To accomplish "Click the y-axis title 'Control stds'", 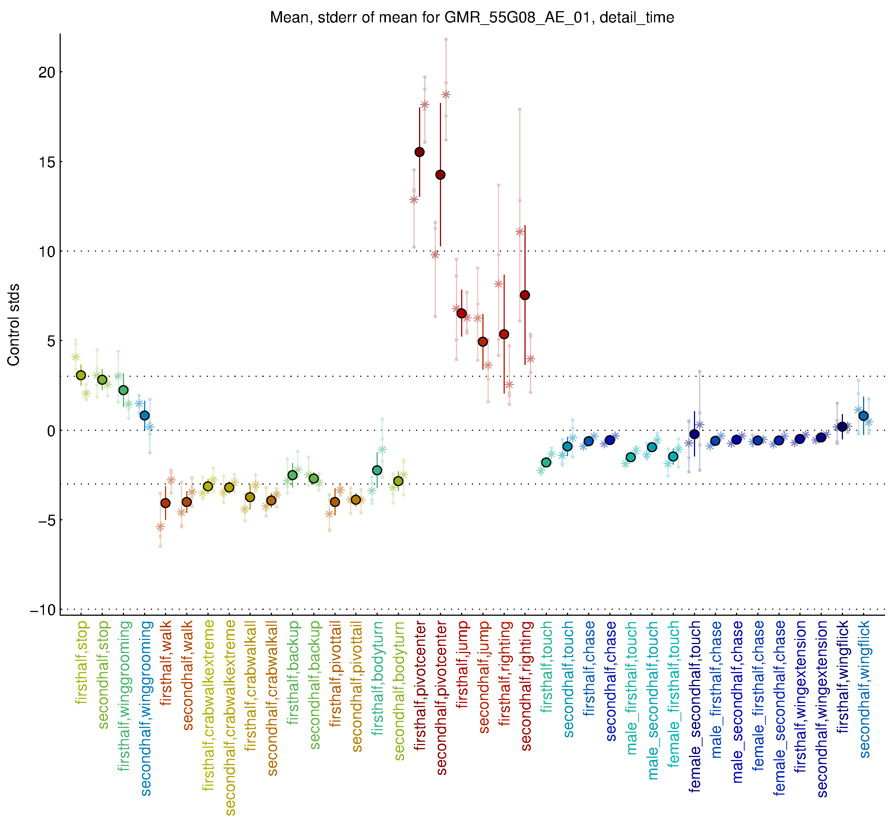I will [14, 325].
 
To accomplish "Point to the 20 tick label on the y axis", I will [47, 72].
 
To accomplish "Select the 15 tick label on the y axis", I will [47, 162].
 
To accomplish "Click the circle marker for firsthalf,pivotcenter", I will [419, 152].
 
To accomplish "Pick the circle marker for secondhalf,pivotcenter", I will [440, 175].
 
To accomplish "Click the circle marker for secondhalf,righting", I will [525, 296].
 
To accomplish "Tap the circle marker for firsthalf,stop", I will [81, 375].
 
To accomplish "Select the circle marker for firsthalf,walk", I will [165, 503].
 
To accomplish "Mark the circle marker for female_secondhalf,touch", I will [695, 434].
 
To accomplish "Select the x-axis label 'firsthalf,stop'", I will [82, 663].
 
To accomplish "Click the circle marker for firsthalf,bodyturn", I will [377, 470].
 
